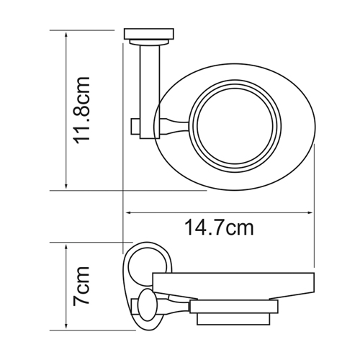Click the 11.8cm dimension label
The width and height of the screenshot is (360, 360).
(82, 110)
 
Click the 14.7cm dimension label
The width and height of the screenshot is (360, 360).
(219, 228)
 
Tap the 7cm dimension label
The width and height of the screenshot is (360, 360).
(81, 286)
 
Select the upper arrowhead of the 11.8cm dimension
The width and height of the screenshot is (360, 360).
(66, 34)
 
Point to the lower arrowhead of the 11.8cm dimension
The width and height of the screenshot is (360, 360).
(66, 186)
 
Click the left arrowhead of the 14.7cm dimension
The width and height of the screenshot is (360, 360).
(129, 212)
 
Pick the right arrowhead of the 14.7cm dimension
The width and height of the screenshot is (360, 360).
(310, 212)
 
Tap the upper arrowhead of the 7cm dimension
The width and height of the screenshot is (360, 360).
(66, 247)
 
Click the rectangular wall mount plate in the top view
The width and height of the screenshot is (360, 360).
(149, 34)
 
